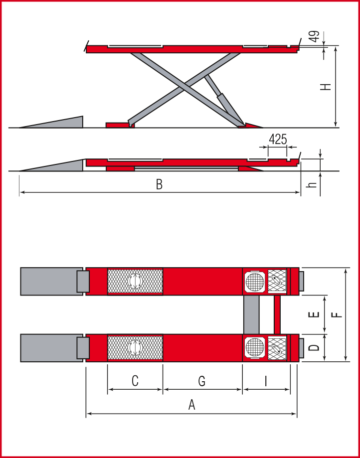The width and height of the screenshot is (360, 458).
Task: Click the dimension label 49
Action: tap(315, 37)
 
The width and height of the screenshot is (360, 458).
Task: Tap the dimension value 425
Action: tap(278, 140)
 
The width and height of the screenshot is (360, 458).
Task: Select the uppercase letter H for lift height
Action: tap(326, 87)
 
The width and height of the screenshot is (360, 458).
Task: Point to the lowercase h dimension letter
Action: tap(313, 184)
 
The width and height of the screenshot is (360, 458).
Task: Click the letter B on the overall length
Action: tap(159, 184)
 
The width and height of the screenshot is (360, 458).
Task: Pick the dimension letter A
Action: tap(191, 405)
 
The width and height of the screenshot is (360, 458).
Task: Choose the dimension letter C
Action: tap(135, 381)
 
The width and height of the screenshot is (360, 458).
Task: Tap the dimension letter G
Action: tap(201, 381)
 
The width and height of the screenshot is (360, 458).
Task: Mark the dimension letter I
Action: tap(266, 381)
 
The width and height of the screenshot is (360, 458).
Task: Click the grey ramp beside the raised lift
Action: tap(51, 122)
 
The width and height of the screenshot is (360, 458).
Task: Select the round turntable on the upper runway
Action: tap(255, 282)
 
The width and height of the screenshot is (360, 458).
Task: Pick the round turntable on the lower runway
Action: tap(255, 348)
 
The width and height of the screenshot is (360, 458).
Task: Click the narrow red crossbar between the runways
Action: tap(277, 314)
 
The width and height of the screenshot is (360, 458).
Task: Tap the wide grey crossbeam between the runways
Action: tap(251, 314)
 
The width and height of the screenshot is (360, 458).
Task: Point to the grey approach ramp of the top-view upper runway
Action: tap(52, 281)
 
